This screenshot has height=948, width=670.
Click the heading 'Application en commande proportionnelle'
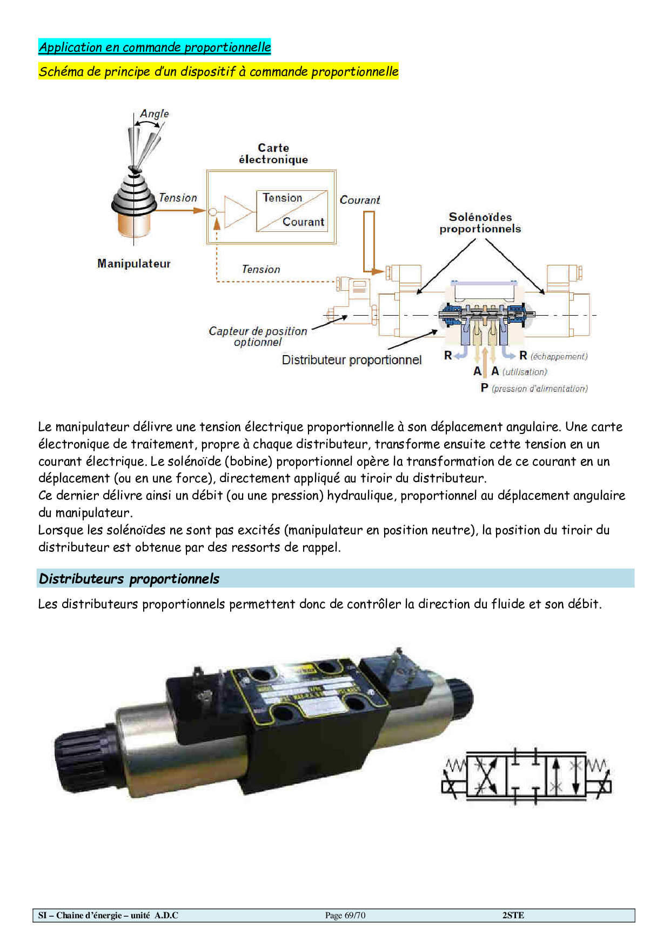tap(155, 47)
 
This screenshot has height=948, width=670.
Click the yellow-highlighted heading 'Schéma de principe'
tap(218, 71)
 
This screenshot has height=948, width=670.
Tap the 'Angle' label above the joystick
tap(155, 114)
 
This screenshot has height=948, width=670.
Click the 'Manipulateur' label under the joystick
tap(134, 263)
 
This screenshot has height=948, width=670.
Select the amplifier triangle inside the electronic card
tap(237, 212)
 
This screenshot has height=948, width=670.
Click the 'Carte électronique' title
tap(273, 153)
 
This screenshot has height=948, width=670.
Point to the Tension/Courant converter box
tap(292, 210)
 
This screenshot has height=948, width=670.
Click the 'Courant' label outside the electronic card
tap(360, 200)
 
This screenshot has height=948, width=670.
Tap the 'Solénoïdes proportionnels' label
tap(480, 223)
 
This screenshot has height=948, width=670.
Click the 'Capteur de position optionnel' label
tap(258, 336)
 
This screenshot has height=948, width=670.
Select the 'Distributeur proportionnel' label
tap(352, 360)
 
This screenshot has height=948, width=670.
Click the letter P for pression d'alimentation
tap(485, 388)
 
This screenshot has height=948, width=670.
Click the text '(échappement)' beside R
tap(559, 356)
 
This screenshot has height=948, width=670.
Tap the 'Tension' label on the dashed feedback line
tap(261, 269)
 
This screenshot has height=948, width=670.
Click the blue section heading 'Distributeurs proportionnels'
tap(129, 579)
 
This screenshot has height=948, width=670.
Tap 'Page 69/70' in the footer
tap(345, 916)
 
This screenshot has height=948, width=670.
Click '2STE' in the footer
tap(513, 916)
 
